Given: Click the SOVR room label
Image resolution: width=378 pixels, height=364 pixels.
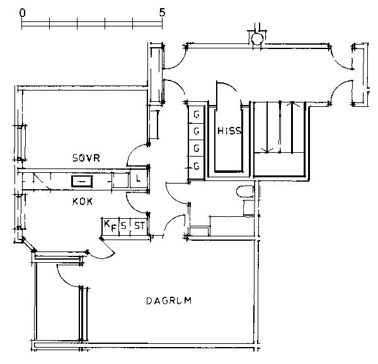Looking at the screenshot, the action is pyautogui.click(x=86, y=158).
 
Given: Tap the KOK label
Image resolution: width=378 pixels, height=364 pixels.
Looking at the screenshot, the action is pyautogui.click(x=82, y=201).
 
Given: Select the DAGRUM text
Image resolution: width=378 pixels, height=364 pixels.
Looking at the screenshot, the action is pyautogui.click(x=169, y=301).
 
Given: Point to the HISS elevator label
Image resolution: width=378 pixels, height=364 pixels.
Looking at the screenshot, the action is pyautogui.click(x=229, y=131).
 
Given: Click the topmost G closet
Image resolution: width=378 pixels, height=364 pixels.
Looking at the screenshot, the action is pyautogui.click(x=196, y=115).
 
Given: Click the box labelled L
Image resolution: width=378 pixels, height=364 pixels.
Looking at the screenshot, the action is pyautogui.click(x=139, y=179).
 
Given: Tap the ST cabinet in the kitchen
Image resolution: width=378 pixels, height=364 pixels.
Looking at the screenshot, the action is pyautogui.click(x=139, y=226).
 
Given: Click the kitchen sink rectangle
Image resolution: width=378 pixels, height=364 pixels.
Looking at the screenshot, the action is pyautogui.click(x=82, y=181).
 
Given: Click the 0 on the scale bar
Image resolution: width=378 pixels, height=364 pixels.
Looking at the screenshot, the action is pyautogui.click(x=22, y=13).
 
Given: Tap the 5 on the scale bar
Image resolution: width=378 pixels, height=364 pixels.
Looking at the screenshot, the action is pyautogui.click(x=162, y=13).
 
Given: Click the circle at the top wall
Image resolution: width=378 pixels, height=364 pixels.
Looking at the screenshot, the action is pyautogui.click(x=257, y=39).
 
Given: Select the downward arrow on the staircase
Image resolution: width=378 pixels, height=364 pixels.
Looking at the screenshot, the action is pyautogui.click(x=267, y=128).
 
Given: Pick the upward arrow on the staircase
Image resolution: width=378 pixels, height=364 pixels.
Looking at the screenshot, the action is pyautogui.click(x=292, y=127).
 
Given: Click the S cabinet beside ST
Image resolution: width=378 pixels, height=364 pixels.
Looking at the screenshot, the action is pyautogui.click(x=124, y=226).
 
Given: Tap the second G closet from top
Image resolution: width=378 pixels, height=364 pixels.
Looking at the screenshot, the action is pyautogui.click(x=196, y=131).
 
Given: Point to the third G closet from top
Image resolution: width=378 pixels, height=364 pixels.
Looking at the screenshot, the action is pyautogui.click(x=196, y=148).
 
